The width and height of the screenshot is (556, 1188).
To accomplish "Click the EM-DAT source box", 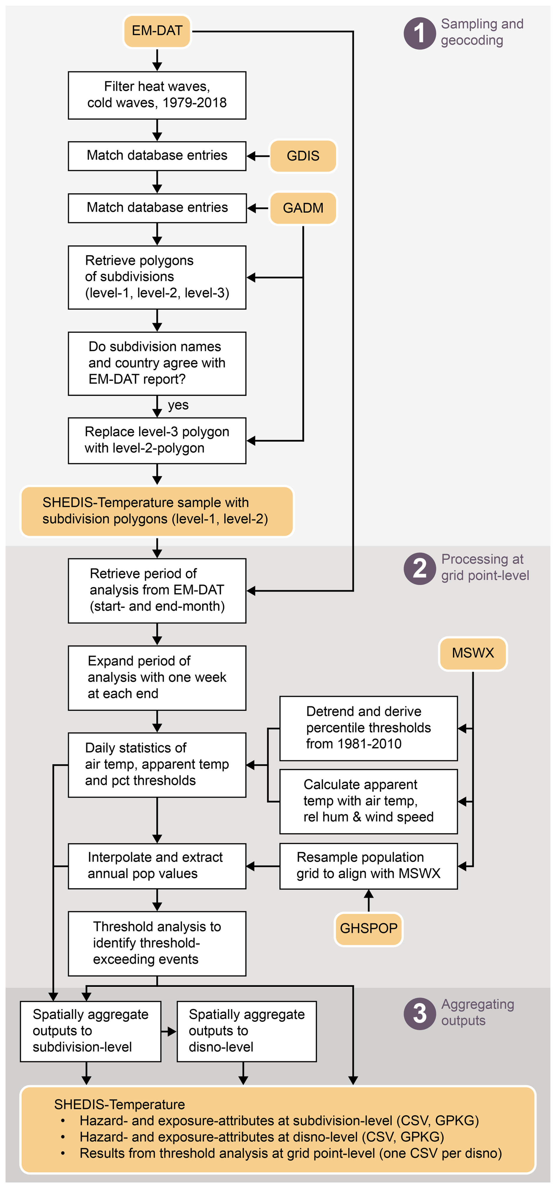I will pos(157,31).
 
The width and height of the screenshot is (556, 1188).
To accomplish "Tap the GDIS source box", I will pos(303,156).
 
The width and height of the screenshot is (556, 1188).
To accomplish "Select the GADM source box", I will pos(303,208).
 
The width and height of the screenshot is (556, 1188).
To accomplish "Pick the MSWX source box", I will pos(473,653).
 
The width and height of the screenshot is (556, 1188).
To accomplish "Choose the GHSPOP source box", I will pos(368,928).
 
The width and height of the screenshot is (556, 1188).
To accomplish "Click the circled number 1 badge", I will pos(419,33).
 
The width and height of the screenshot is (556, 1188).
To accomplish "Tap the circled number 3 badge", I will pos(419,1013).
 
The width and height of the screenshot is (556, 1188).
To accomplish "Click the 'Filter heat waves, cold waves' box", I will pos(157,95).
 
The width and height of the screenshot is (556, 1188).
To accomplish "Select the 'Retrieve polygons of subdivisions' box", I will pos(157,277).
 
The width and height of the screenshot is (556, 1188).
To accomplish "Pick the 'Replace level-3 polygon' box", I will pos(157,440).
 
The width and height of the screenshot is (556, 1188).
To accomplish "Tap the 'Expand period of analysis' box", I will pos(157,677).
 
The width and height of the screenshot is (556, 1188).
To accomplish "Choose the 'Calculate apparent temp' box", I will pos(368,801).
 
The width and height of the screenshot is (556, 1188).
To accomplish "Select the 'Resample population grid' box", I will pos(368,866).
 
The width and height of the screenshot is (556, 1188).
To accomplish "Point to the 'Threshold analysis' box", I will pos(157,943).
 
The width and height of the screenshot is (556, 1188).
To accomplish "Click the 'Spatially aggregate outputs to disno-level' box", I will pos(246,1031).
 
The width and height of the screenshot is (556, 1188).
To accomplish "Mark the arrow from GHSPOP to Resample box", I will pos(368,901).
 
